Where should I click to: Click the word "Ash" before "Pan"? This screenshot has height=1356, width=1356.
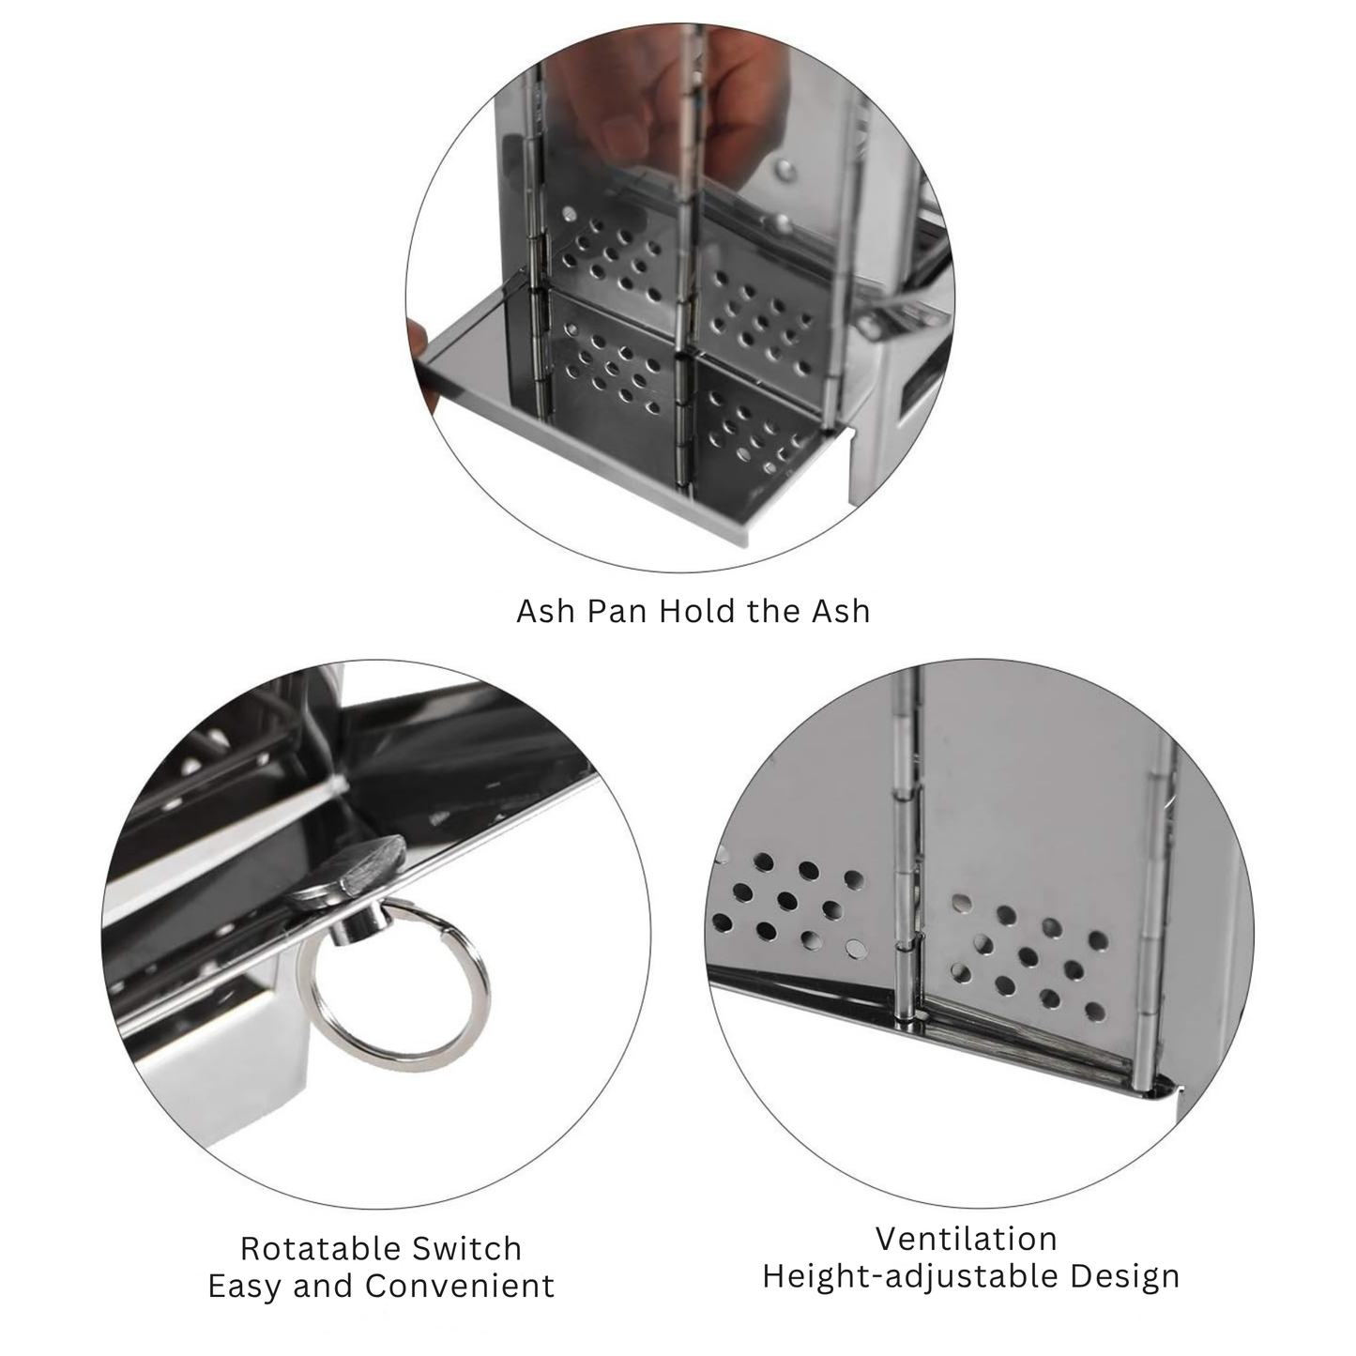point(546,611)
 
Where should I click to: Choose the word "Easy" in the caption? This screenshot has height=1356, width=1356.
point(244,1286)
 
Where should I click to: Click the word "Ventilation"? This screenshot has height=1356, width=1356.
point(967,1239)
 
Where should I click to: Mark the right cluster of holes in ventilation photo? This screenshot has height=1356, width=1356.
point(1028,962)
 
